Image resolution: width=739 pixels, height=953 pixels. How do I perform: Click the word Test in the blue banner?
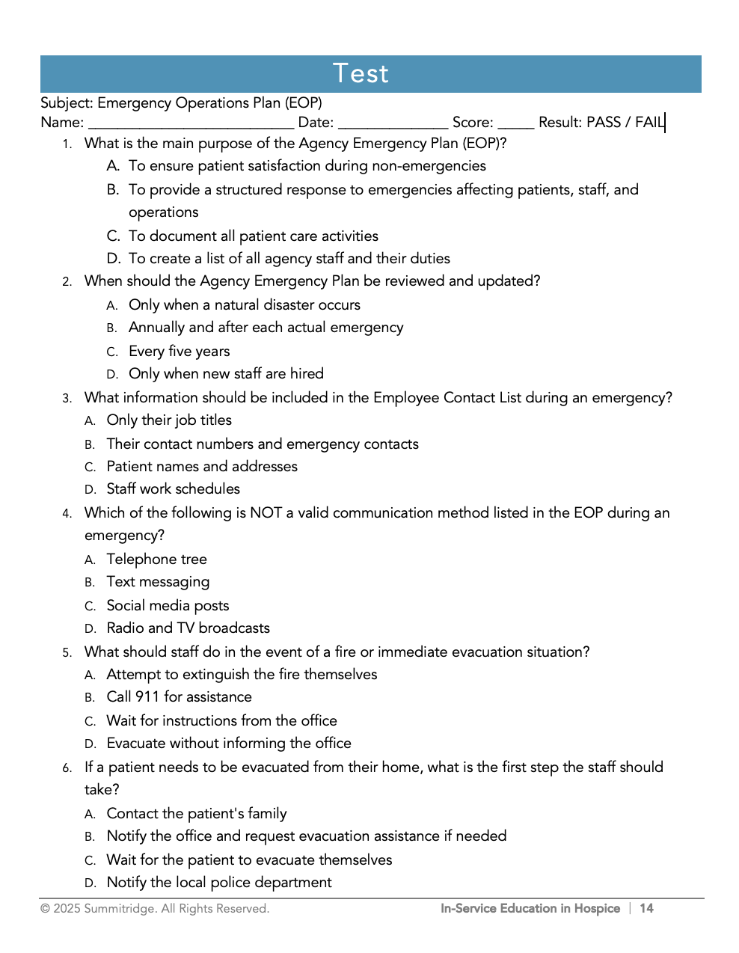[x=361, y=73]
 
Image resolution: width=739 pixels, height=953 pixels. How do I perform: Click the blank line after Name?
[x=191, y=123]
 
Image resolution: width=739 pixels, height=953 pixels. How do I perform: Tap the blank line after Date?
[x=393, y=123]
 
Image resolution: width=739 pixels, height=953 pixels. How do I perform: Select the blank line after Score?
[x=515, y=123]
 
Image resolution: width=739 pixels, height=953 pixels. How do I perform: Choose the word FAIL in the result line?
[x=649, y=122]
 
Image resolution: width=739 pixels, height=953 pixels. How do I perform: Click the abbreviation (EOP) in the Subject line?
[x=303, y=102]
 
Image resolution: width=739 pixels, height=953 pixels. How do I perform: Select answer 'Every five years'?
[x=179, y=351]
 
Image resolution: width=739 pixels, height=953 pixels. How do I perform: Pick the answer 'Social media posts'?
[x=168, y=605]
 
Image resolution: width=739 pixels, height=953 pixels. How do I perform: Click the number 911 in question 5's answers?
[x=147, y=696]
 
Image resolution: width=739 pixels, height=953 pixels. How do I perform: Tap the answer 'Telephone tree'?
[x=156, y=559]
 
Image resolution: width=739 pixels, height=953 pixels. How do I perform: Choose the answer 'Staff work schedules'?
[x=173, y=488]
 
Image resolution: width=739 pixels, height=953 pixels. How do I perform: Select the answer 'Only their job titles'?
[x=169, y=420]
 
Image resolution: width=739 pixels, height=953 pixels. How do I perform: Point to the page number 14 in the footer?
[x=646, y=908]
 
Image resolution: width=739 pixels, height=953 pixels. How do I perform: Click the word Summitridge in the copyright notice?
[x=117, y=908]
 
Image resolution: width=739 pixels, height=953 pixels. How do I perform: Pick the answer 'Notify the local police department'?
[x=219, y=882]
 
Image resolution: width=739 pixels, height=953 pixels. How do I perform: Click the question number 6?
[x=67, y=767]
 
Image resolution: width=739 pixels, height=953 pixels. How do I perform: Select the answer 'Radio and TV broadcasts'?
[x=188, y=628]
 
